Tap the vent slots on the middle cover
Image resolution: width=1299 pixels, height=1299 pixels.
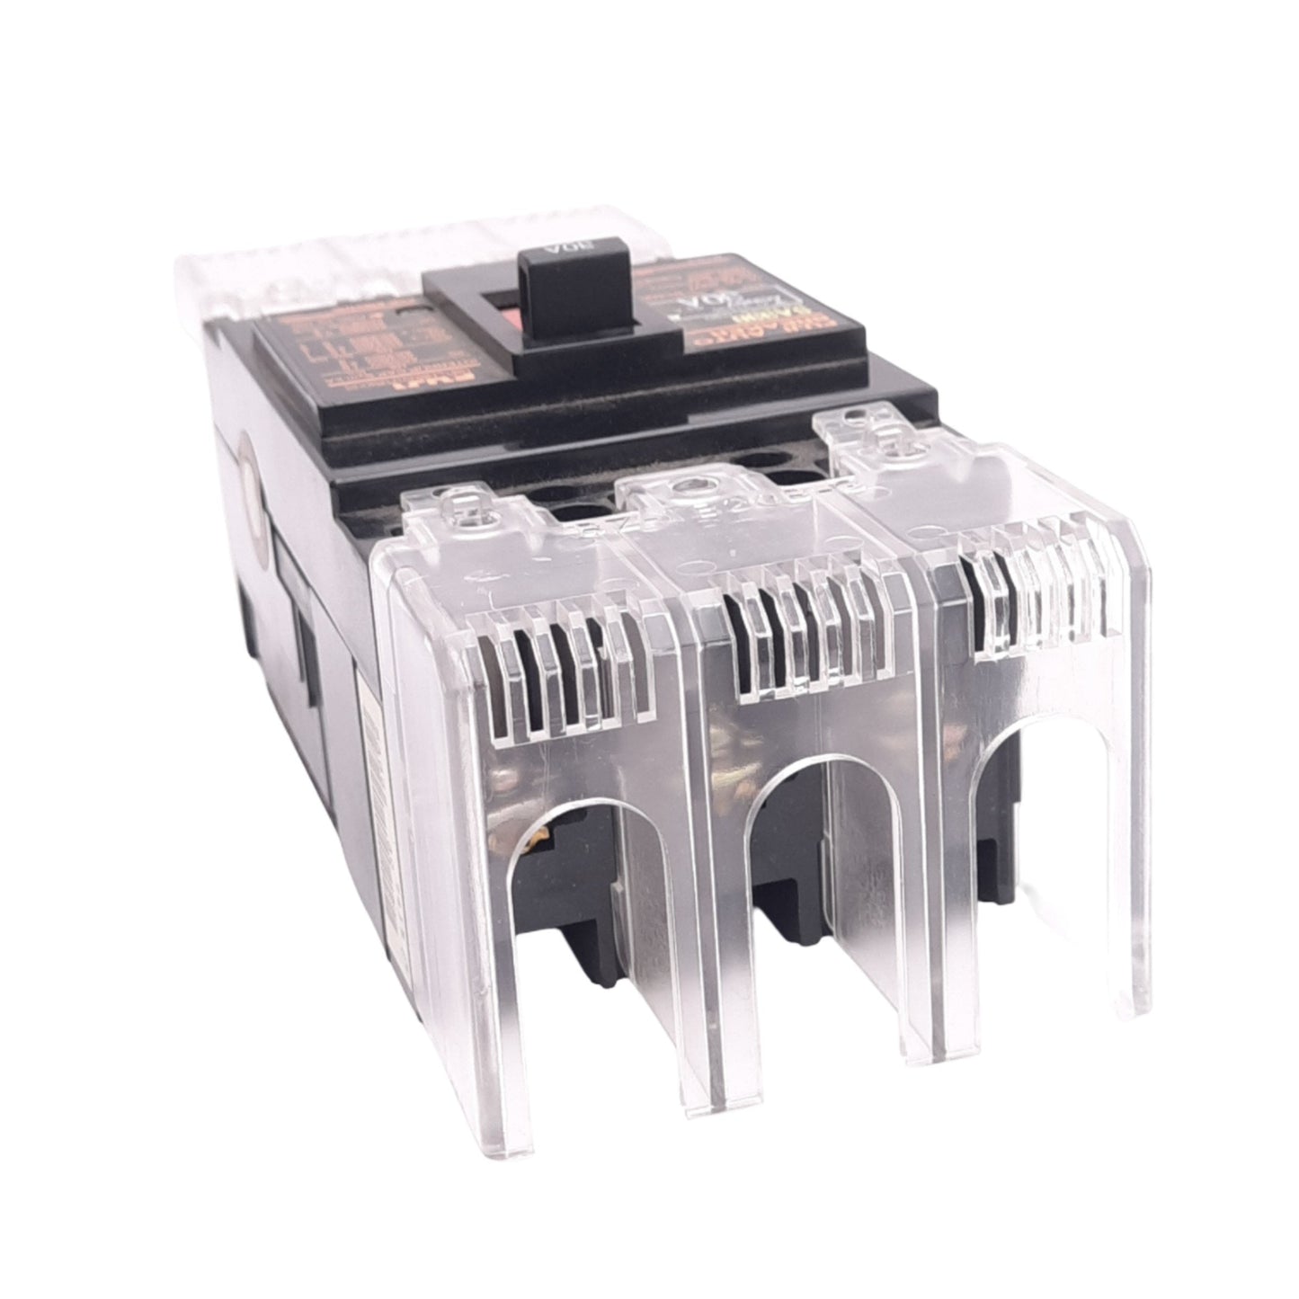[805, 629]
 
